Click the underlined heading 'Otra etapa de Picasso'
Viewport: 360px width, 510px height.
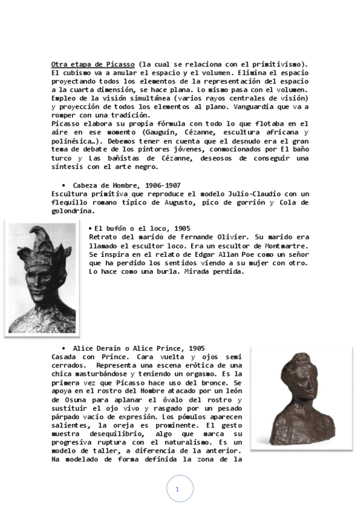[93, 64]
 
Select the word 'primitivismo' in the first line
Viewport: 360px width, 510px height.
[281, 64]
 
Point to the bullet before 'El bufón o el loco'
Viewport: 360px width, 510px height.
[90, 229]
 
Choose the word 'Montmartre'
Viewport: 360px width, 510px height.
[286, 245]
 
